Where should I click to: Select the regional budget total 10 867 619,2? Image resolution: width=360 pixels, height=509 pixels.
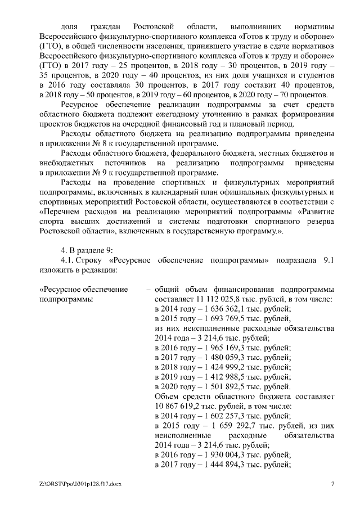179,406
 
